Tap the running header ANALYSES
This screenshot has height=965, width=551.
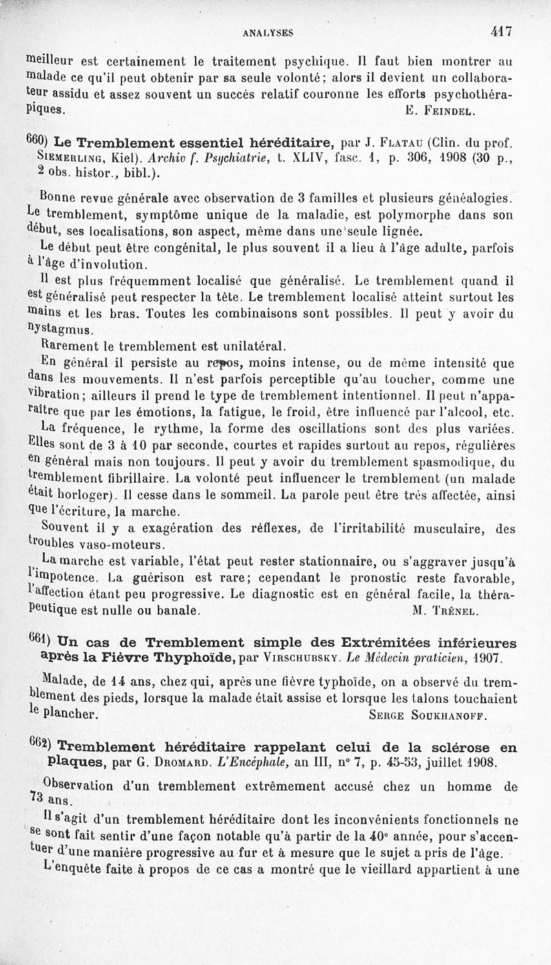[268, 32]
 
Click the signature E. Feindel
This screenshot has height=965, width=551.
[438, 110]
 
